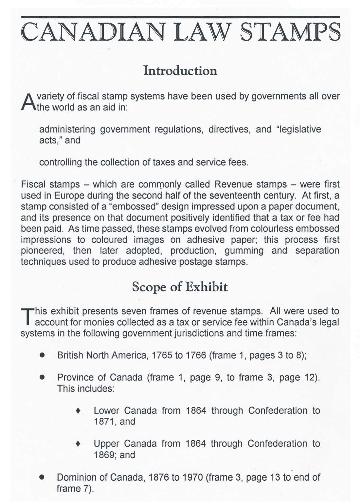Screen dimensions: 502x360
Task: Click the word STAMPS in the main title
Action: click(x=290, y=32)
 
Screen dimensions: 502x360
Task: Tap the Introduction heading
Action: click(x=180, y=70)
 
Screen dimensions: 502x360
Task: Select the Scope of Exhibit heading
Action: click(x=180, y=287)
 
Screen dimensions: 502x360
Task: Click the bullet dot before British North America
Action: click(x=42, y=355)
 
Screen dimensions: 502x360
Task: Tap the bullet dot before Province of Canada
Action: click(x=42, y=377)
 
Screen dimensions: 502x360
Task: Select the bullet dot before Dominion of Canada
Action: click(x=42, y=477)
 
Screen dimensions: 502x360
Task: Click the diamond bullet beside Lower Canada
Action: click(x=78, y=410)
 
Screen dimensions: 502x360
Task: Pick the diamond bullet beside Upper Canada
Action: click(x=78, y=443)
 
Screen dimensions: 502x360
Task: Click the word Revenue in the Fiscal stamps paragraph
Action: click(x=233, y=184)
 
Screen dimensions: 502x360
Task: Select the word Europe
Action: click(x=69, y=195)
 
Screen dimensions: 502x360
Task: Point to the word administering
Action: click(x=67, y=129)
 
